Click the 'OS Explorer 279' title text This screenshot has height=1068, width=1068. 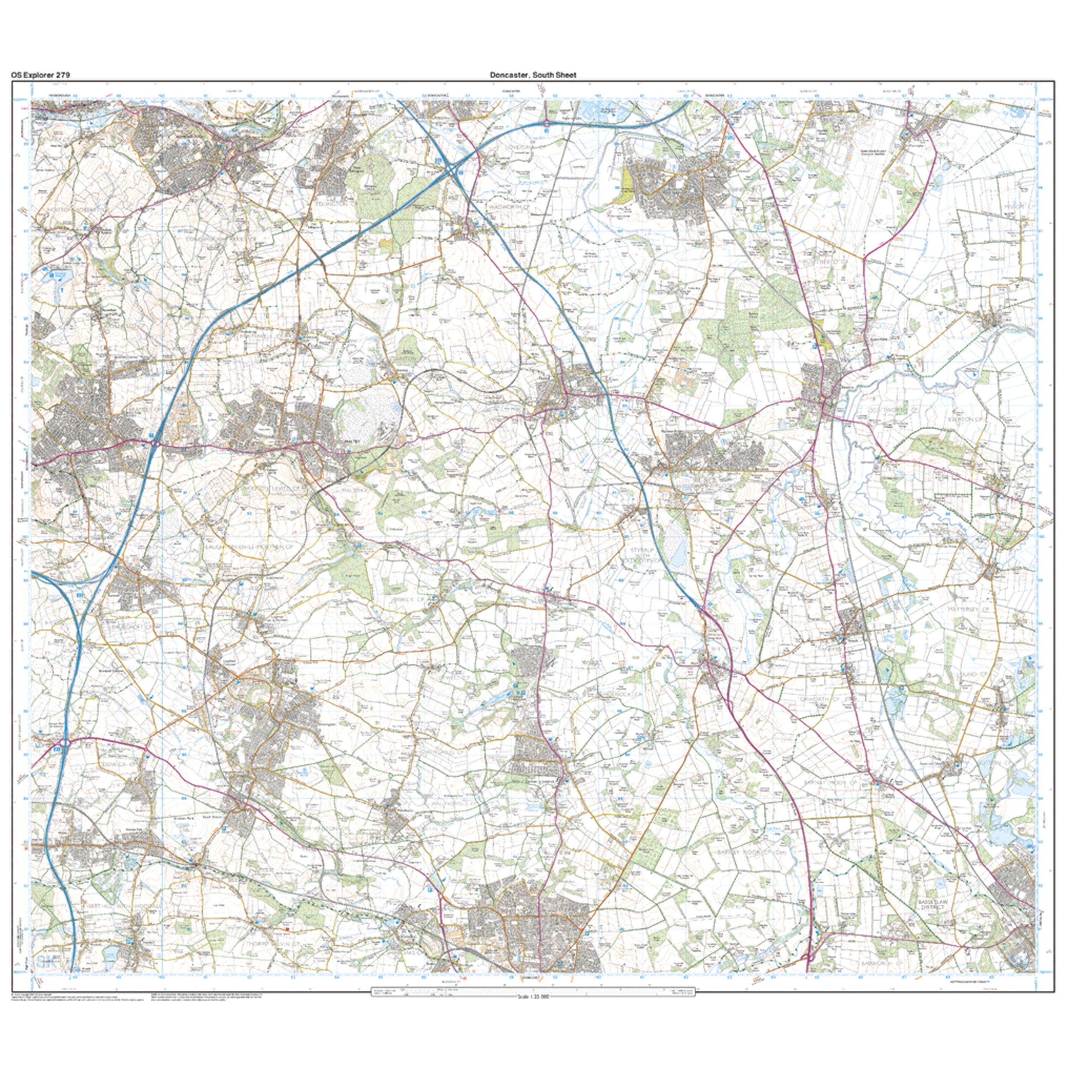(x=40, y=75)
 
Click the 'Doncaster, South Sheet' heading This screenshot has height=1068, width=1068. (x=533, y=75)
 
